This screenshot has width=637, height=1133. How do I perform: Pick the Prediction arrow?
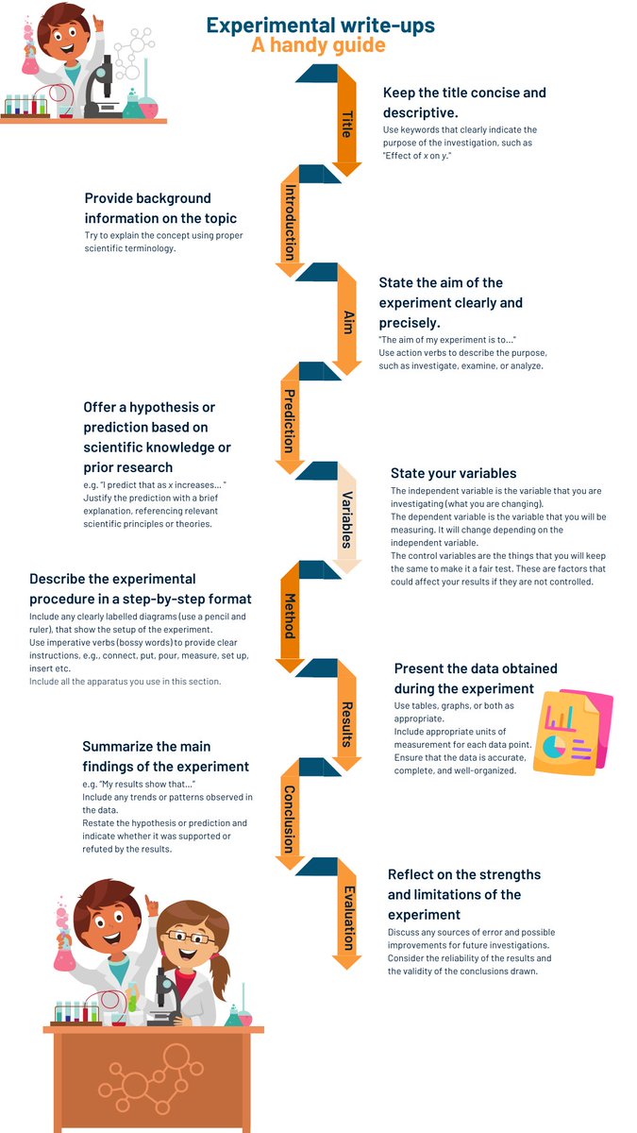[290, 421]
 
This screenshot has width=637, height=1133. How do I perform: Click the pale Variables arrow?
[346, 519]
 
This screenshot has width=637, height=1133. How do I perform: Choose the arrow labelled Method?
[290, 617]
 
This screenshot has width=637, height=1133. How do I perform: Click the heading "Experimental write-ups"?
[321, 25]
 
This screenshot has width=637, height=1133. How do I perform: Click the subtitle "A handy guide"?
[318, 45]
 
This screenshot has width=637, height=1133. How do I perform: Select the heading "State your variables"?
[453, 473]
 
